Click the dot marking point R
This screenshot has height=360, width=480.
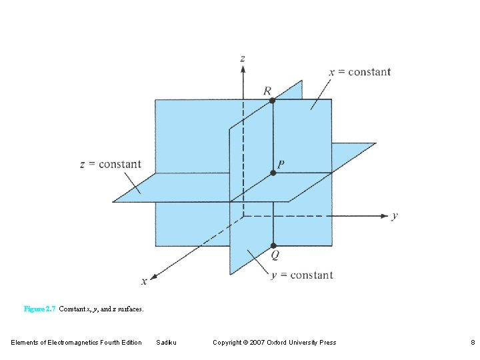tap(272, 100)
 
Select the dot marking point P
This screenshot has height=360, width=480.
tap(273, 173)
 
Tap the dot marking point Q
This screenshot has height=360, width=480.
tap(273, 246)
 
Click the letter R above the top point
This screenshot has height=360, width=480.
tap(267, 90)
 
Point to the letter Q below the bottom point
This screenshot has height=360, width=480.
tap(275, 255)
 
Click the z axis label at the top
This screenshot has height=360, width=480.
tap(242, 59)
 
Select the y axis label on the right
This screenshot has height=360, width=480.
tap(395, 215)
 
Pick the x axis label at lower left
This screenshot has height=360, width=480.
tap(144, 281)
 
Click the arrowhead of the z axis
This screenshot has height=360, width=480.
tap(243, 70)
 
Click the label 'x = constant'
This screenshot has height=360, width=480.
tap(360, 72)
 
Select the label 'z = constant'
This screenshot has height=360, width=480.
tap(111, 164)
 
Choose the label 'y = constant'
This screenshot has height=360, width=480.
tap(301, 275)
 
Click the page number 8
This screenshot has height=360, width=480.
tap(472, 343)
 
